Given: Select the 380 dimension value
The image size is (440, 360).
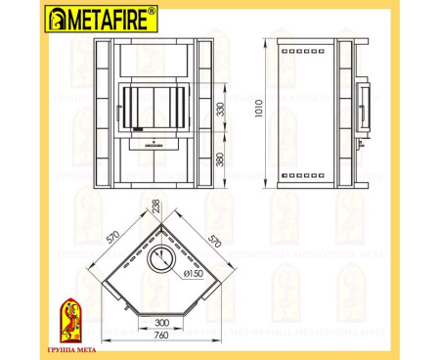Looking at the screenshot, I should point(223,158).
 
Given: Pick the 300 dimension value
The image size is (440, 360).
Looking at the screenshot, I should point(160,320).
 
